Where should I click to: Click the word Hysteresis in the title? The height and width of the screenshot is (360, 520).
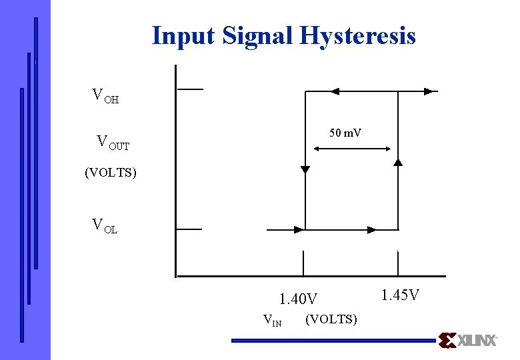tap(358, 35)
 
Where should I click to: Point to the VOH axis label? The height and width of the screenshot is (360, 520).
tap(105, 96)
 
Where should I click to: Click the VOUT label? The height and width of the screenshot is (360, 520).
tap(113, 142)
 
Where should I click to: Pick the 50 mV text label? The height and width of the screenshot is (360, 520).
tap(345, 133)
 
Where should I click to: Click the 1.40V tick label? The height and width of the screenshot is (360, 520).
tap(298, 298)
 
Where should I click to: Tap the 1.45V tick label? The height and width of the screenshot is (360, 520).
tap(400, 294)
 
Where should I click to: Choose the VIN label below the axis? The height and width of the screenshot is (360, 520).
tap(273, 321)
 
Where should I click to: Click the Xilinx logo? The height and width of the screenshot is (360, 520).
tap(468, 340)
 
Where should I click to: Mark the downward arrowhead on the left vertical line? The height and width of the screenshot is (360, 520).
tap(305, 170)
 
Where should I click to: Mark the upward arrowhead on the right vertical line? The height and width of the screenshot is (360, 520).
tap(398, 161)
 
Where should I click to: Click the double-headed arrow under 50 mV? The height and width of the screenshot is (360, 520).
tap(352, 148)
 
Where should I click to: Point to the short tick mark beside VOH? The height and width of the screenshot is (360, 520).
tap(189, 89)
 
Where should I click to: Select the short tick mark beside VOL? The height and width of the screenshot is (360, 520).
tap(189, 229)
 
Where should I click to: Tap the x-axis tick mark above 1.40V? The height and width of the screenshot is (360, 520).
tap(303, 263)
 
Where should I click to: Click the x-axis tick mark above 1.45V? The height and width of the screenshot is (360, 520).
tap(399, 263)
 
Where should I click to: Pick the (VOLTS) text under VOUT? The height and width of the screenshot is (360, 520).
tap(111, 173)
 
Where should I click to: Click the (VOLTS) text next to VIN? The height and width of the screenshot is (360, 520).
tap(331, 319)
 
